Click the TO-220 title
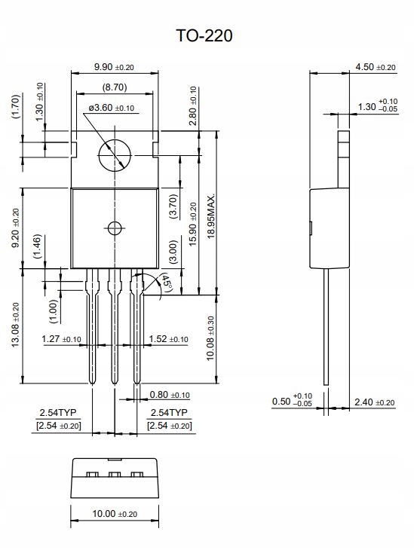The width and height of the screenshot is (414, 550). pyautogui.click(x=204, y=35)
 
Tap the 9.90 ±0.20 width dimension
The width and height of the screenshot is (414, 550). pyautogui.click(x=114, y=66)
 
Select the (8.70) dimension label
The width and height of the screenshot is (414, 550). pyautogui.click(x=115, y=87)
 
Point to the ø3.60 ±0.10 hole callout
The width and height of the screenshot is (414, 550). pyautogui.click(x=112, y=108)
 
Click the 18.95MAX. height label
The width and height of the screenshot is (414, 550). pyautogui.click(x=211, y=216)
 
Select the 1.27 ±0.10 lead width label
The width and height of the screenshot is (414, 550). pyautogui.click(x=61, y=339)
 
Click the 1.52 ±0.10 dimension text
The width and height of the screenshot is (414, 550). pyautogui.click(x=169, y=339)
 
